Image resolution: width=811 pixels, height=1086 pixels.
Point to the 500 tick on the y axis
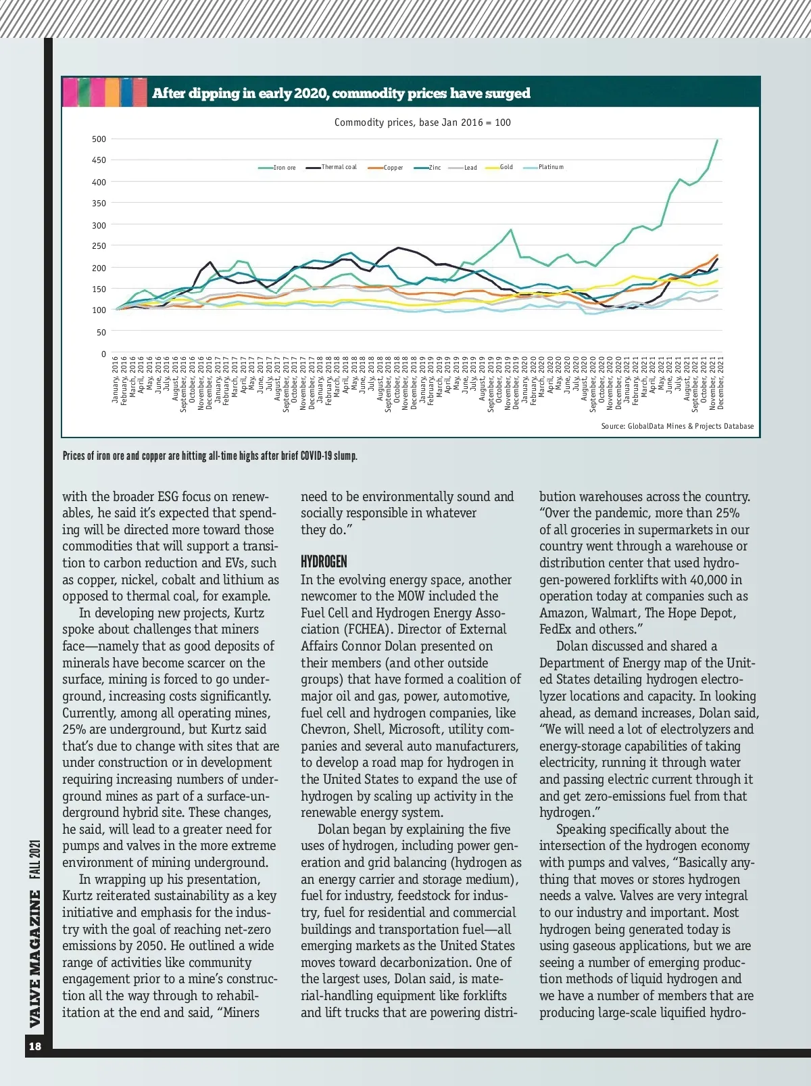(x=99, y=139)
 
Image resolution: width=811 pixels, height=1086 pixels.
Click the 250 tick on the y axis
(x=99, y=246)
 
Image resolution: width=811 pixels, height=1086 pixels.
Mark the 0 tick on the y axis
(x=103, y=354)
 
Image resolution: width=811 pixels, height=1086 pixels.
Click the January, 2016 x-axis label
(x=115, y=380)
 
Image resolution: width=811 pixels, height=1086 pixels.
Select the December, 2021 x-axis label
(x=720, y=383)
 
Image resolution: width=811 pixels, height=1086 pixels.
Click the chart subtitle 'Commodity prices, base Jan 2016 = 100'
(x=422, y=122)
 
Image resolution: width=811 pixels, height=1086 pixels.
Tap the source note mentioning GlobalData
(x=677, y=426)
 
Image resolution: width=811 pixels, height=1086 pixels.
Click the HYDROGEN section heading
(x=324, y=562)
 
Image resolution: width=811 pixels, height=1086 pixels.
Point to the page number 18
(x=34, y=1047)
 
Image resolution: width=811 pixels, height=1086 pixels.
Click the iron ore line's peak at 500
(x=717, y=140)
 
